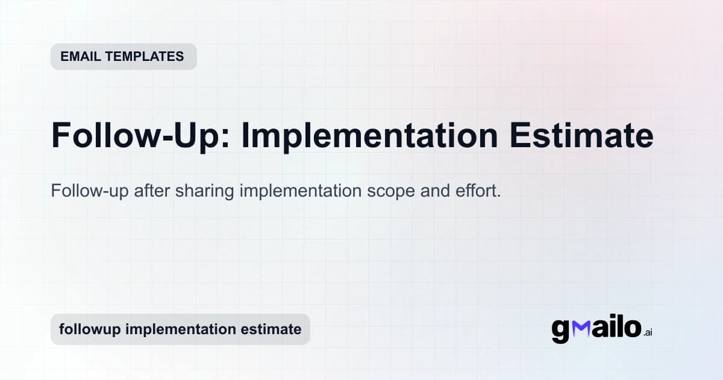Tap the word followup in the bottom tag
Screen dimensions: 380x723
[87, 329]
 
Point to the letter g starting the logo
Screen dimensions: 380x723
[561, 330]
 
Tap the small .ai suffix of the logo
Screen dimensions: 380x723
[647, 332]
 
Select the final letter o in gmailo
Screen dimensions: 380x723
[630, 328]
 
